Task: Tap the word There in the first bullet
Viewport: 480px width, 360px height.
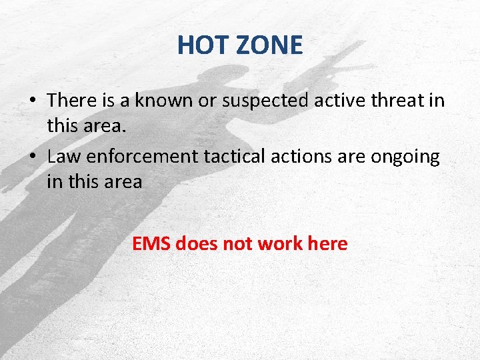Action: [73, 100]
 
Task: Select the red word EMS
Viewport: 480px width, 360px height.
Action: [151, 244]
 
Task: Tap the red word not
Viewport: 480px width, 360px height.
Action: [237, 244]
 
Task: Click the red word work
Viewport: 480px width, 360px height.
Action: [280, 244]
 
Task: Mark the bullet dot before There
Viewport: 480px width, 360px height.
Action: [32, 101]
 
